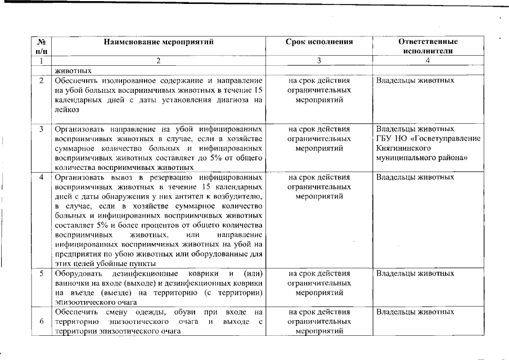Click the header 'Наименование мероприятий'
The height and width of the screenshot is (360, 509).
click(159, 42)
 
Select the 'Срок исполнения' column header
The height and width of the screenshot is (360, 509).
click(319, 42)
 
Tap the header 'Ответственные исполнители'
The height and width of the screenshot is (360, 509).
click(427, 46)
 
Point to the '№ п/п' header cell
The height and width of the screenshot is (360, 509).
click(41, 46)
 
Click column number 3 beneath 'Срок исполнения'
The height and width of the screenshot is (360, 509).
click(319, 61)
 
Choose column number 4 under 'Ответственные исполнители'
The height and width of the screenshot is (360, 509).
click(427, 61)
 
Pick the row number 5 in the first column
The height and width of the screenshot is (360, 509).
click(41, 274)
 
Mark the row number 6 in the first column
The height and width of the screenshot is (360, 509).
click(41, 321)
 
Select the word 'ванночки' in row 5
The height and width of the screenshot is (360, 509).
click(70, 283)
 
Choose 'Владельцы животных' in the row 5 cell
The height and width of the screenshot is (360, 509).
click(415, 274)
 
